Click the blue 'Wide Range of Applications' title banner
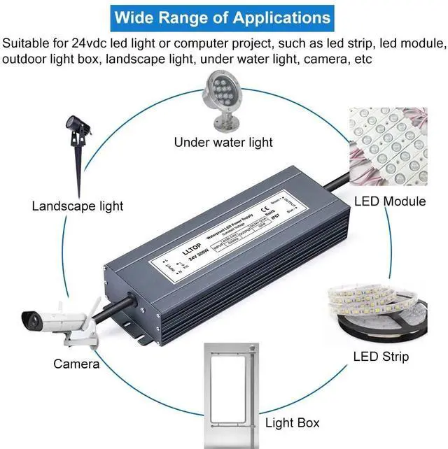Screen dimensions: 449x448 tap(223, 17)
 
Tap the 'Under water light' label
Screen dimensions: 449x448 tap(223, 143)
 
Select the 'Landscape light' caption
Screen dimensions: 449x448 tap(77, 206)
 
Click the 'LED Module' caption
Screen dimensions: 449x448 tap(390, 201)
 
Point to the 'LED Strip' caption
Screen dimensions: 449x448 tap(381, 357)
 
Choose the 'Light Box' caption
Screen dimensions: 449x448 tap(292, 422)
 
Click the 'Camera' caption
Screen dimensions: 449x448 tap(76, 364)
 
